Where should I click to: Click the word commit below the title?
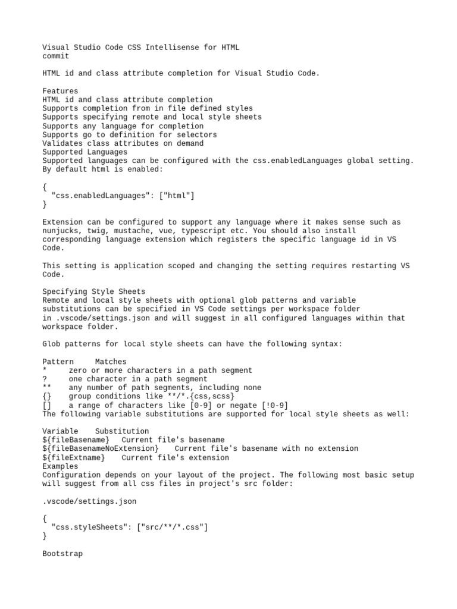55,56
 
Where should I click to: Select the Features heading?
60,91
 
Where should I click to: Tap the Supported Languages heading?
84,152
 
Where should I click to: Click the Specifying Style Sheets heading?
93,292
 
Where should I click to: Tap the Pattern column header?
58,362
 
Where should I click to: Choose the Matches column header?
111,362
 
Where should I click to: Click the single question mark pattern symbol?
45,379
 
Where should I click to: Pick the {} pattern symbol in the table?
47,397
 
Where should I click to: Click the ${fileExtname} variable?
73,458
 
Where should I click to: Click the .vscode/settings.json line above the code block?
89,501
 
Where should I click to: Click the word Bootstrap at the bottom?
62,554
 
